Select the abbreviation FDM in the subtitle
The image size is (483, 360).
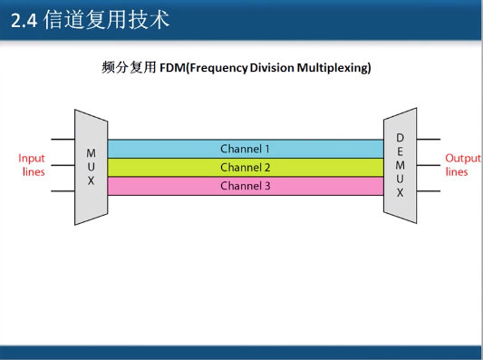(173, 68)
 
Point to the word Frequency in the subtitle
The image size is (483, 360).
(220, 68)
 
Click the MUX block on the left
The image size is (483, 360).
(91, 167)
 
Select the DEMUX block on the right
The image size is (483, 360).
(400, 167)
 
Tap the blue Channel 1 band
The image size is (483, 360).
(245, 149)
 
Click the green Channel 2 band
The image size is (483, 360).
(245, 168)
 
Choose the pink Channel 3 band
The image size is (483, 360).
(245, 187)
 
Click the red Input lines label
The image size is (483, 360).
(32, 165)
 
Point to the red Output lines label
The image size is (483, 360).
(456, 165)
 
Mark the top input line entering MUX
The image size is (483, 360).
(63, 140)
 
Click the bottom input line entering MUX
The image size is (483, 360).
(63, 191)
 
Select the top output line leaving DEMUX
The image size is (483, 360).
(428, 140)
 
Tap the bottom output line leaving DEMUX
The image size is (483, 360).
(428, 191)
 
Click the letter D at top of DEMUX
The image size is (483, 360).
(400, 137)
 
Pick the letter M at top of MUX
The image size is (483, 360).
(91, 153)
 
